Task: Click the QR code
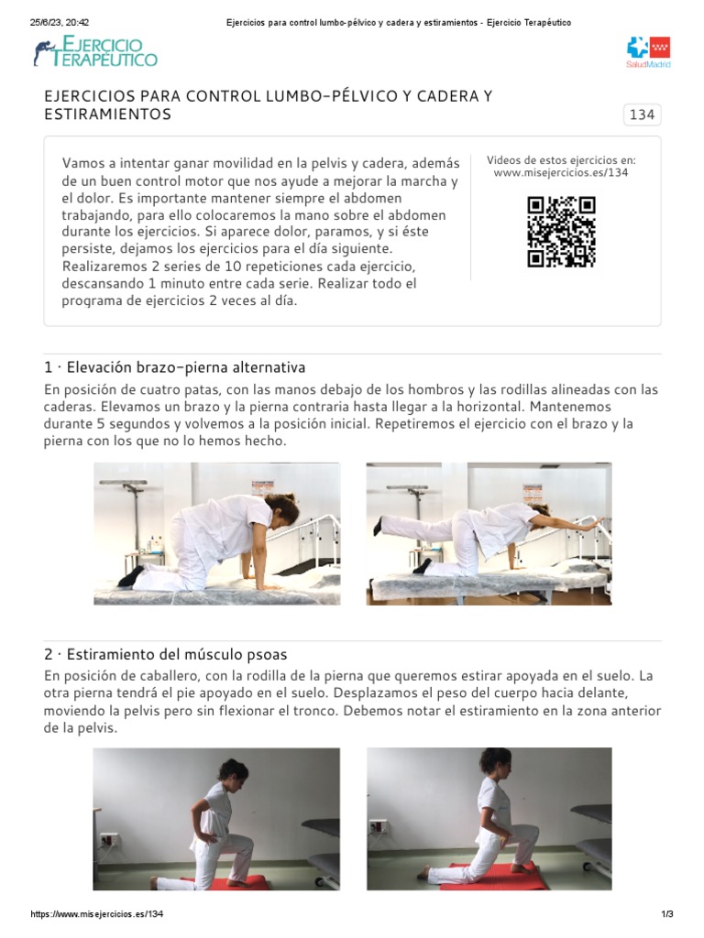[561, 232]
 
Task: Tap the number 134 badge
[642, 115]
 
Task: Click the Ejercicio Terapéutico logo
[95, 52]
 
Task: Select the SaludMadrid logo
[648, 53]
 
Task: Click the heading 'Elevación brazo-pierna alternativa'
[174, 367]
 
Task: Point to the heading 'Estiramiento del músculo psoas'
[165, 654]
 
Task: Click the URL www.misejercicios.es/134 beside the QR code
[561, 173]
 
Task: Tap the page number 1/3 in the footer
[666, 915]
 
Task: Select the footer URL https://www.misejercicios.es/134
[97, 915]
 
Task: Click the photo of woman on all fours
[216, 533]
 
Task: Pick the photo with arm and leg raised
[489, 533]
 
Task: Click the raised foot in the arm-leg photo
[378, 525]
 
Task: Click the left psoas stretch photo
[216, 818]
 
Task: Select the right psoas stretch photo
[489, 818]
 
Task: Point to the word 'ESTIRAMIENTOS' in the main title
[107, 115]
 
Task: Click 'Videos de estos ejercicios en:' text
[561, 160]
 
